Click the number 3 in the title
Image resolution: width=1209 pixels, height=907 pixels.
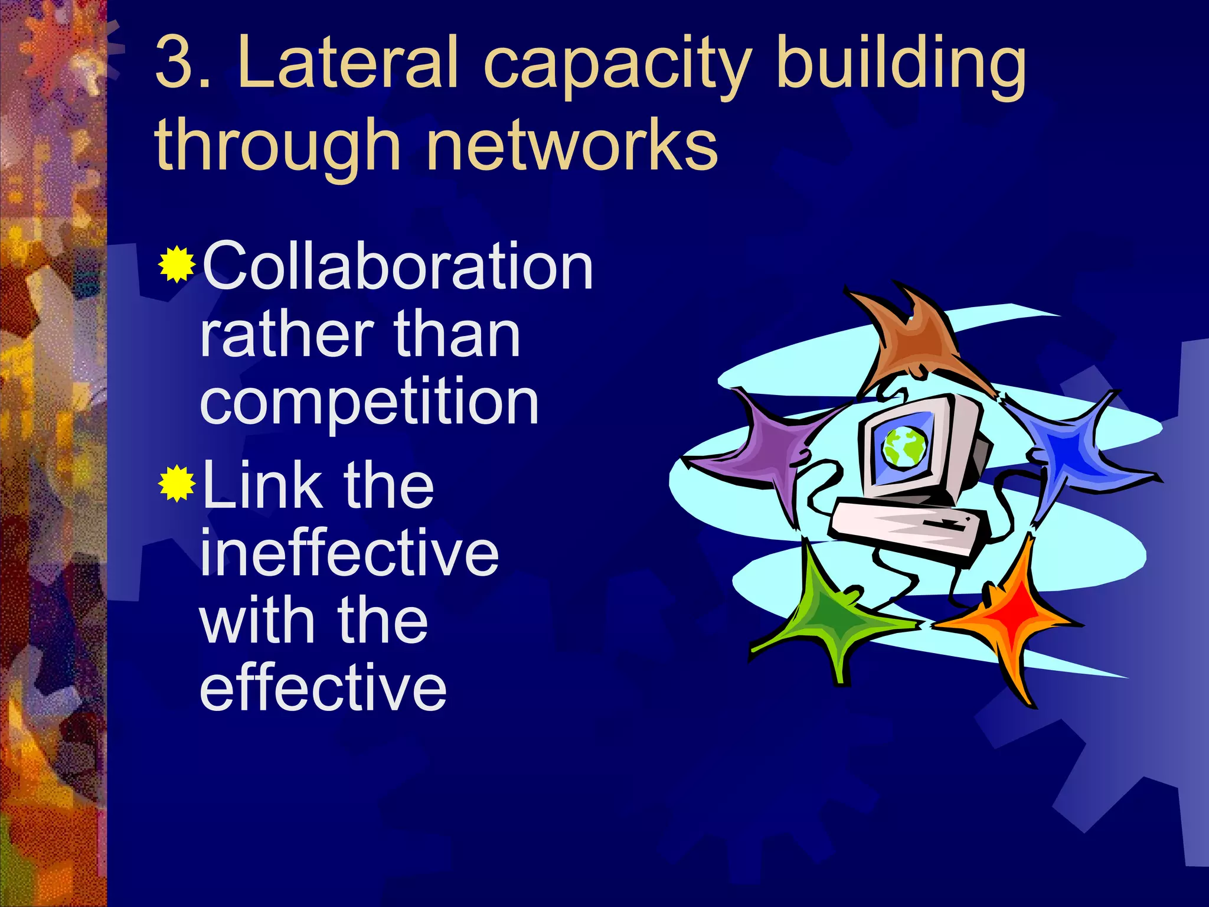(177, 63)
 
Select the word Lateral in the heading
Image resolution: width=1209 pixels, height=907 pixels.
(348, 63)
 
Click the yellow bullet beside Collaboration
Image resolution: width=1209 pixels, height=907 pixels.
(177, 265)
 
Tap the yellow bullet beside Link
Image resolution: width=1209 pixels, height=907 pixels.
(177, 484)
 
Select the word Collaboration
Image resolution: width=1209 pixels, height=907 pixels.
(397, 267)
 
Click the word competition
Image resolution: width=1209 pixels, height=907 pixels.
(370, 403)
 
